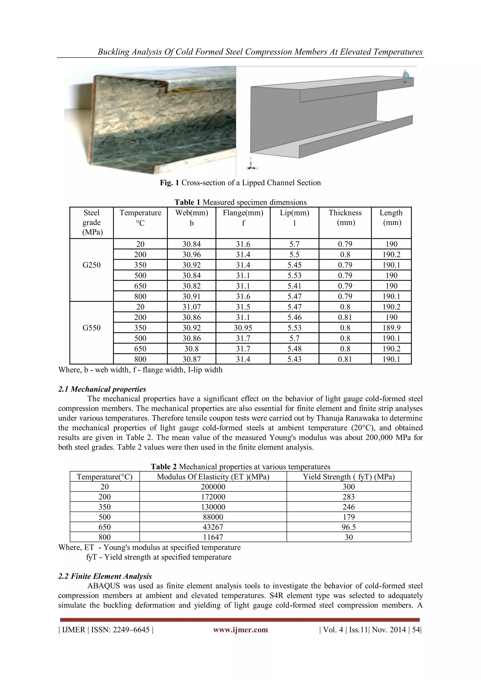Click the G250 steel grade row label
(92, 265)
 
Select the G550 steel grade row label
(92, 328)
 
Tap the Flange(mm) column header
(243, 213)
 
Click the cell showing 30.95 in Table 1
(243, 328)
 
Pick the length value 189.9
(391, 328)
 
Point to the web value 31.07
(191, 307)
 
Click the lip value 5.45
(295, 265)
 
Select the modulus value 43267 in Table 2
(213, 527)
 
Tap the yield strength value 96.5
(349, 527)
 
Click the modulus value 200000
(213, 487)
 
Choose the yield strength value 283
(349, 497)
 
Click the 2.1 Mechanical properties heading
(102, 389)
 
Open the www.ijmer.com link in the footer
(240, 630)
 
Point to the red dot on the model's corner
(405, 82)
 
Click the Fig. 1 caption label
(169, 182)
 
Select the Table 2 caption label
(164, 467)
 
